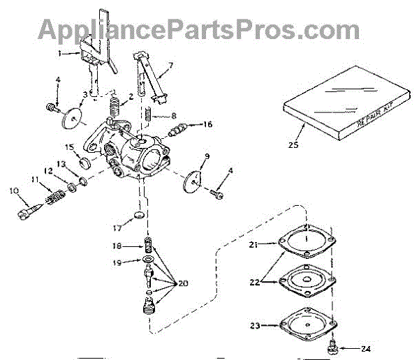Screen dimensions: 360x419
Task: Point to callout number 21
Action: click(x=253, y=245)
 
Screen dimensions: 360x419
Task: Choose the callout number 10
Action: click(x=13, y=190)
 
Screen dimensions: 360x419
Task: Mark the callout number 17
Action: click(x=117, y=227)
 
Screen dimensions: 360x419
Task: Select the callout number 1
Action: click(x=61, y=53)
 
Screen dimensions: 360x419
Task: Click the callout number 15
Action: click(x=69, y=147)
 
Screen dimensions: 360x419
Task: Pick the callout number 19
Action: click(x=117, y=262)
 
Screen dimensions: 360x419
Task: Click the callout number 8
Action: click(x=173, y=116)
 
